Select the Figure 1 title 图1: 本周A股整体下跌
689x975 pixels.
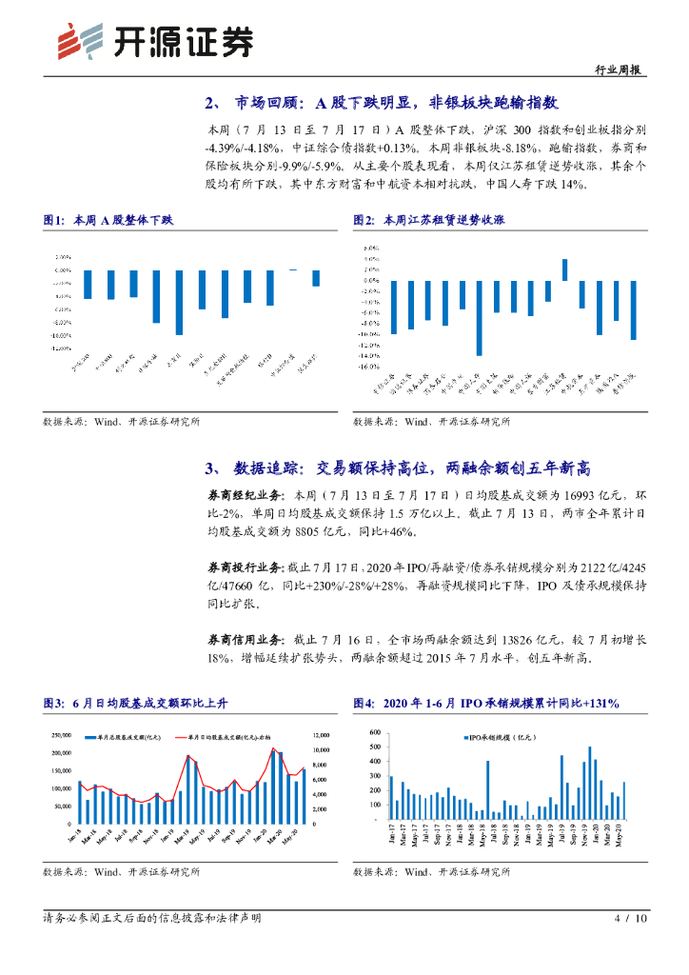pyautogui.click(x=109, y=220)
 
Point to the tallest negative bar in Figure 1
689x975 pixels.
pyautogui.click(x=178, y=302)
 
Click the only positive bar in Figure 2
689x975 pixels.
pyautogui.click(x=564, y=269)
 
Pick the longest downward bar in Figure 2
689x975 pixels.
pyautogui.click(x=479, y=317)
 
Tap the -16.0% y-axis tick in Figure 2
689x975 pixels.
pyautogui.click(x=367, y=367)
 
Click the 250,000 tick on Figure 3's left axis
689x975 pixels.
pyautogui.click(x=61, y=735)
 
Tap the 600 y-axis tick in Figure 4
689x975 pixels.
pyautogui.click(x=376, y=732)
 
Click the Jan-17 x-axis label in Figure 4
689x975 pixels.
pyautogui.click(x=391, y=835)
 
